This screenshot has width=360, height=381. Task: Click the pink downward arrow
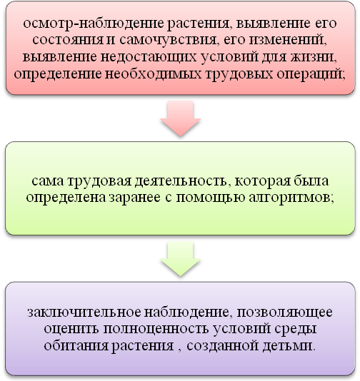pyautogui.click(x=180, y=118)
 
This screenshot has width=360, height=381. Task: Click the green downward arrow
pyautogui.click(x=180, y=259)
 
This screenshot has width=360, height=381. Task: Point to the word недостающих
pyautogui.click(x=149, y=57)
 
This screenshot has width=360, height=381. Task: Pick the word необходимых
pyautogui.click(x=154, y=74)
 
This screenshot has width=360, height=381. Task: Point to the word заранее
pyautogui.click(x=134, y=198)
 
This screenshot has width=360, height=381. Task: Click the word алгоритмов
pyautogui.click(x=291, y=198)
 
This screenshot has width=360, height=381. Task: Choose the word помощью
pyautogui.click(x=211, y=198)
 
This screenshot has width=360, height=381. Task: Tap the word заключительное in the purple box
pyautogui.click(x=84, y=312)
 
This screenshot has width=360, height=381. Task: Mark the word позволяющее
pyautogui.click(x=284, y=312)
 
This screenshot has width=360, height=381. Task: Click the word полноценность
pyautogui.click(x=156, y=329)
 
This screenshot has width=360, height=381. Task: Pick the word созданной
pyautogui.click(x=223, y=346)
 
